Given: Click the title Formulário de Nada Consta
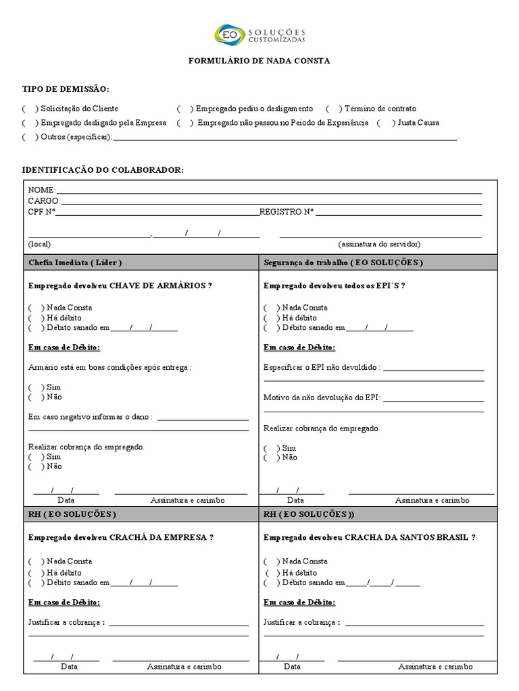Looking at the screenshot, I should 259,61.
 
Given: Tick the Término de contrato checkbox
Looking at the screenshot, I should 332,109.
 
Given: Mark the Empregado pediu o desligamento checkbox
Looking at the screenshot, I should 183,109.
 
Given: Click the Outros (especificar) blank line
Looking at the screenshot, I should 284,139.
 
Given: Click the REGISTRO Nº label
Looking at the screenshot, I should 287,212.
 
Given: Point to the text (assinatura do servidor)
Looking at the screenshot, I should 379,244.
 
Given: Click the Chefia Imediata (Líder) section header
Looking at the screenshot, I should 75,262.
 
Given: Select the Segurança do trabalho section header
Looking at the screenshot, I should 343,262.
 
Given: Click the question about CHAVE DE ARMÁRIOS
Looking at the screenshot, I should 120,285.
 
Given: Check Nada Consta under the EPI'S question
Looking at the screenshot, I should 270,308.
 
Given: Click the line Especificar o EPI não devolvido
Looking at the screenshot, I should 432,370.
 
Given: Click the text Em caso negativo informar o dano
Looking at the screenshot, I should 90,417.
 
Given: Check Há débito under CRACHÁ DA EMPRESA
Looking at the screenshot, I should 34,572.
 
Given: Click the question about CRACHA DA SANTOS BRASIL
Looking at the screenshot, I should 369,538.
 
